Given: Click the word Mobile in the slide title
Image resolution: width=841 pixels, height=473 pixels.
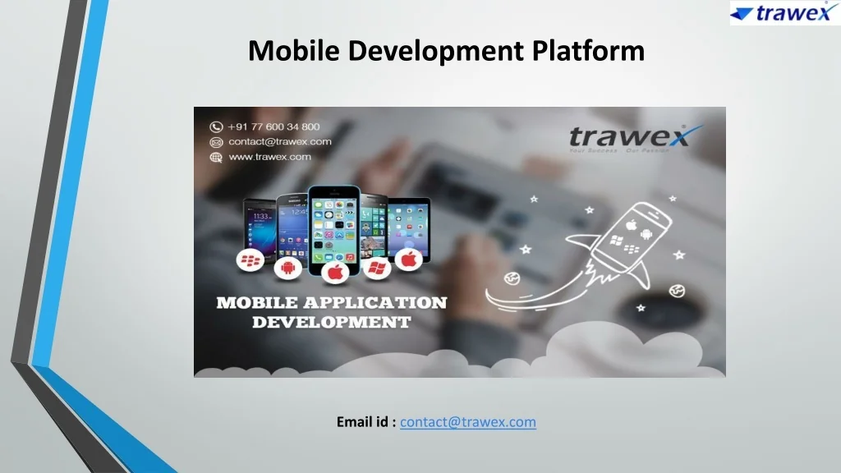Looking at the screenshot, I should pos(294,51).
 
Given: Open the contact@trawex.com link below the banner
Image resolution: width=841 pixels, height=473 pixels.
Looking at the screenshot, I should pos(468,422).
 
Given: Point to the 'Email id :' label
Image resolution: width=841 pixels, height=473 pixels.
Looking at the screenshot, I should pos(366,422).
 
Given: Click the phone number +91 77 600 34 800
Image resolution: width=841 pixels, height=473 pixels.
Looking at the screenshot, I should pos(274,126).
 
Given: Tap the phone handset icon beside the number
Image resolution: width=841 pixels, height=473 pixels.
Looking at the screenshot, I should pos(216,126).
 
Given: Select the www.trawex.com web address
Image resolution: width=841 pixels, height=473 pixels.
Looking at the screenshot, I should pos(270,156).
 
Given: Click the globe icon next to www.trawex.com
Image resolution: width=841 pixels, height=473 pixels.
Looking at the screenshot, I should pos(216,156).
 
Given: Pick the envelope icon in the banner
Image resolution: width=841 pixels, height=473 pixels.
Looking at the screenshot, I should pos(216,141).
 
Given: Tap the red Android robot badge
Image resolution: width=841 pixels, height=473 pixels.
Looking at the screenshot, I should pos(287,267).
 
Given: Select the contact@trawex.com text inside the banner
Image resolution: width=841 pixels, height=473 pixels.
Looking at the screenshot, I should pos(280,141).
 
